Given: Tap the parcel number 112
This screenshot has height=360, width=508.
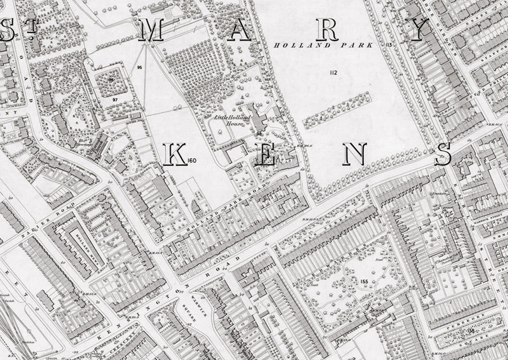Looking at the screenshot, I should click(x=333, y=74).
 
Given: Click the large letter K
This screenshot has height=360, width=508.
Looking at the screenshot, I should click(x=175, y=155).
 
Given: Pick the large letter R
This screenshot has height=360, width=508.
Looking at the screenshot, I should click(x=329, y=30).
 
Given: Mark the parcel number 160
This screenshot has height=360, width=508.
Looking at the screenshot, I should click(x=193, y=159).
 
